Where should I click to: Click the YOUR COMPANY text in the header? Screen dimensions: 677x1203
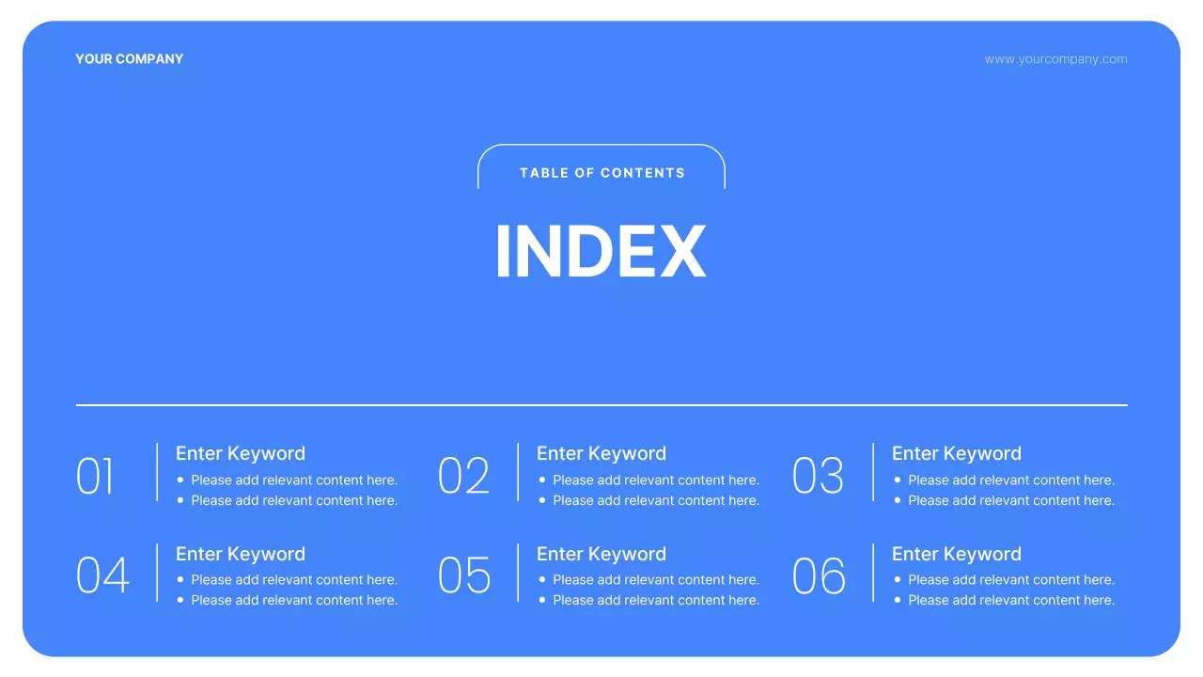pos(129,59)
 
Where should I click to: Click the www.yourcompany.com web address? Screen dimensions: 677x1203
pos(1055,59)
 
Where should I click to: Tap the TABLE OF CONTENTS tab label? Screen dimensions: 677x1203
pos(601,173)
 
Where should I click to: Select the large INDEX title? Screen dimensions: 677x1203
pos(601,252)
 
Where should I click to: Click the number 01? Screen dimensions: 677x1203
pos(95,477)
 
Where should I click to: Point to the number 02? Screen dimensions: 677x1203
pos(463,477)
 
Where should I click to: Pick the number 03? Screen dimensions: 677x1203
pos(818,477)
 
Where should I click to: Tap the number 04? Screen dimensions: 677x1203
pos(102,576)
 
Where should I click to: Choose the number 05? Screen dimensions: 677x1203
pos(464,576)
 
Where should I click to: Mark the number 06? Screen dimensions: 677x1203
pos(819,576)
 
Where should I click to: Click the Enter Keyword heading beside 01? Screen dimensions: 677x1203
pos(241,453)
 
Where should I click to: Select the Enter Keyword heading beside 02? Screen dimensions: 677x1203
pos(601,453)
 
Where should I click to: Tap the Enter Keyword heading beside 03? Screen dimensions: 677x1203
pos(957,453)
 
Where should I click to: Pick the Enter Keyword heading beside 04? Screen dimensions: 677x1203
pos(241,554)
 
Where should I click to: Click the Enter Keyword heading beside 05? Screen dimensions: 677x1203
pos(601,554)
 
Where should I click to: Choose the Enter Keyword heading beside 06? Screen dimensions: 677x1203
pos(957,554)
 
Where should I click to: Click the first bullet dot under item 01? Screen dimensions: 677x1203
pos(180,480)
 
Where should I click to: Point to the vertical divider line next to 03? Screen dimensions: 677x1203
pos(873,472)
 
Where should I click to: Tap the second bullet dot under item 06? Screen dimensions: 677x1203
pos(898,600)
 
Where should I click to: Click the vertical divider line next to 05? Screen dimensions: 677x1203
pos(518,573)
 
